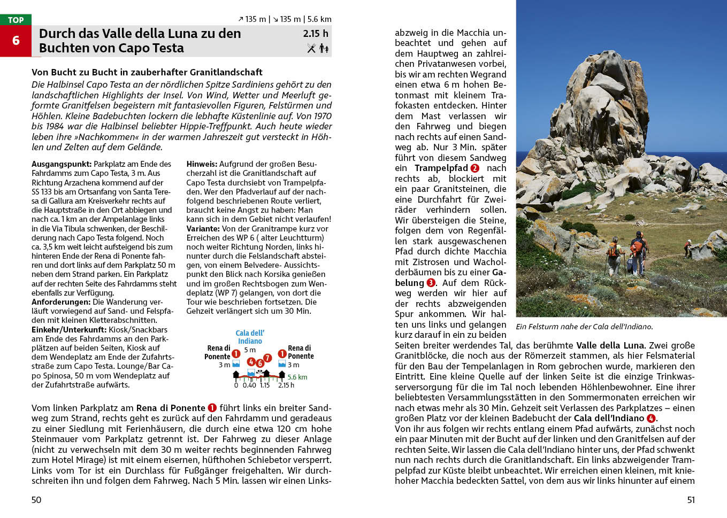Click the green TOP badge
16,20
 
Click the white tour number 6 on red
16,41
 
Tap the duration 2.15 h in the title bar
316,34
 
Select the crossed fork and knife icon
311,48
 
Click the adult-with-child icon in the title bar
324,48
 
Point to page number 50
36,500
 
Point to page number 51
691,500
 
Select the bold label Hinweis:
202,164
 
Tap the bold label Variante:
203,228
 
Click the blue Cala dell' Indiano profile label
250,337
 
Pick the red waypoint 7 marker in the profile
267,358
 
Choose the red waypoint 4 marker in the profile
251,362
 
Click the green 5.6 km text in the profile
297,377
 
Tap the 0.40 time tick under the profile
249,385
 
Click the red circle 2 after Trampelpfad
475,168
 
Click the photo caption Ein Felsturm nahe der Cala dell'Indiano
584,326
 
